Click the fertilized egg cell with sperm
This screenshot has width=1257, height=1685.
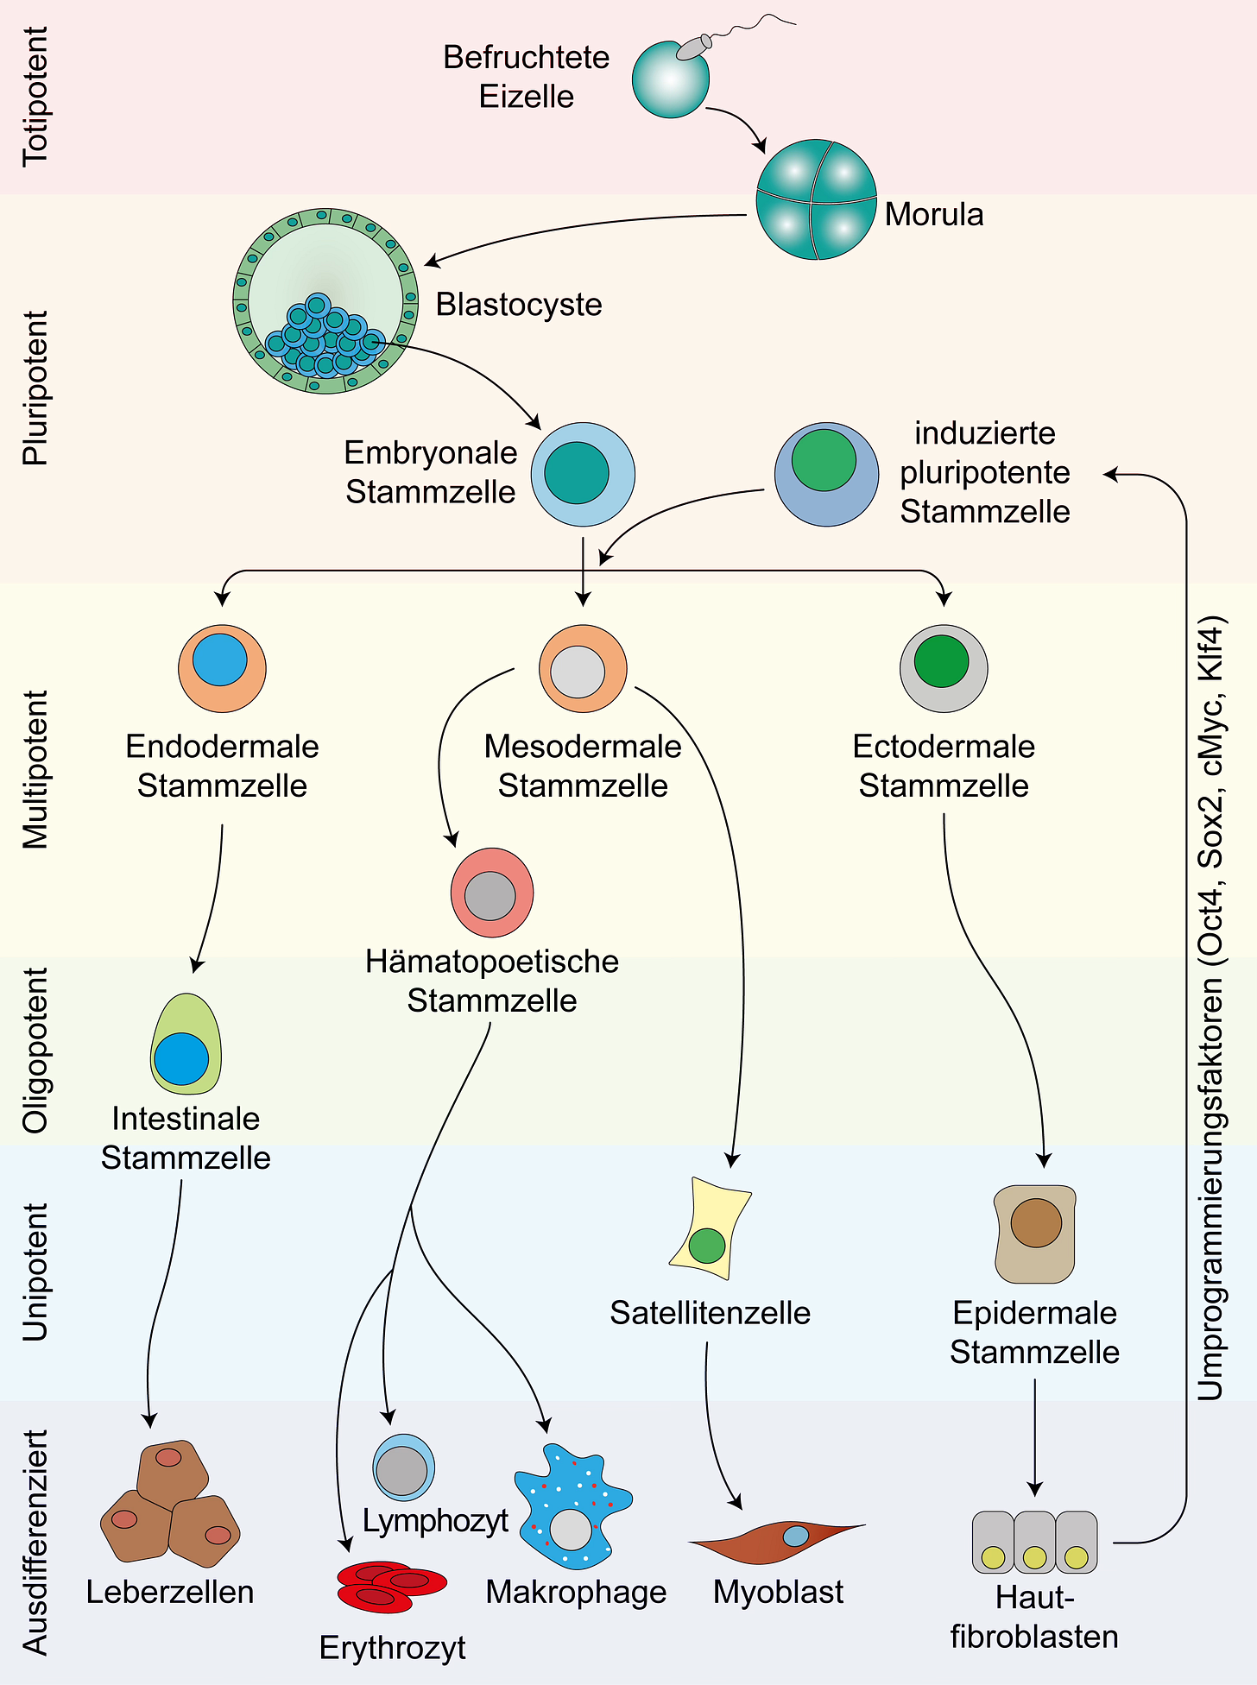pos(671,78)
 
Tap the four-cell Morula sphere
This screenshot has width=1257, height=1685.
pos(816,199)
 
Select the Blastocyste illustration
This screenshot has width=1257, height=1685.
pos(325,300)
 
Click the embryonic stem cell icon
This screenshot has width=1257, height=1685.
pos(583,474)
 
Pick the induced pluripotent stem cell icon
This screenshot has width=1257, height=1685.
pos(825,474)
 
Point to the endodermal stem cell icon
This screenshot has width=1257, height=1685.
pos(222,667)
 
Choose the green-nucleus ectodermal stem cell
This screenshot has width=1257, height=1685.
pos(944,667)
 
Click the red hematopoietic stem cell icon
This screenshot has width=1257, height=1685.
pos(491,893)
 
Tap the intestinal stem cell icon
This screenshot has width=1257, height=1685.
pos(186,1046)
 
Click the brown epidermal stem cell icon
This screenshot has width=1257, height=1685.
pos(1035,1233)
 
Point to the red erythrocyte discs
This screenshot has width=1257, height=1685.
pos(391,1586)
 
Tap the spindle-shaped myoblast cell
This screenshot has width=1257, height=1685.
pos(777,1542)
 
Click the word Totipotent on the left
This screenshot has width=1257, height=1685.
pos(35,96)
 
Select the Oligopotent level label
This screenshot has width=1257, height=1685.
pos(35,1050)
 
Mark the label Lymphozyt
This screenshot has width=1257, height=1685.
pos(436,1520)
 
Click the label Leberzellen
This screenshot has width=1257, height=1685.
pos(171,1592)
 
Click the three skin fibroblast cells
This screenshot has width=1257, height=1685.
pos(1034,1543)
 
